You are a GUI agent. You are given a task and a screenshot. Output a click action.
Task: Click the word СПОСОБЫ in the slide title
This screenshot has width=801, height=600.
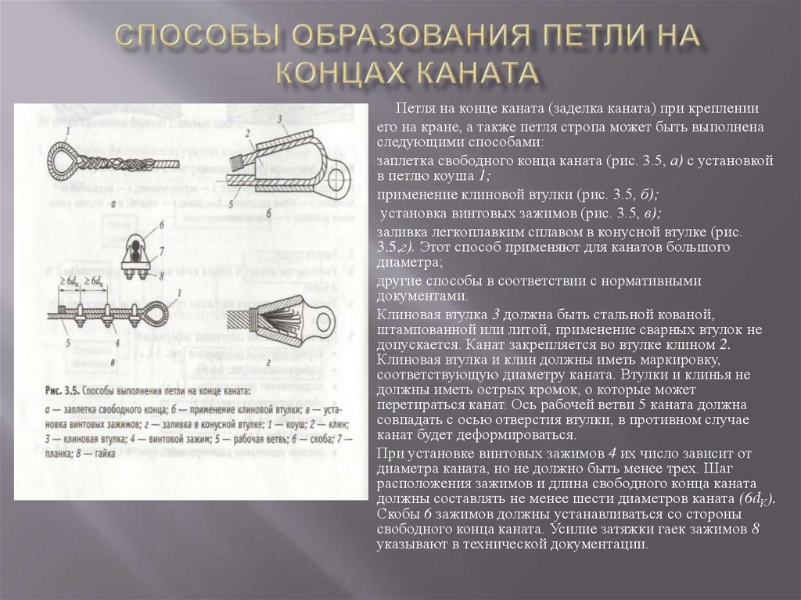coord(186,35)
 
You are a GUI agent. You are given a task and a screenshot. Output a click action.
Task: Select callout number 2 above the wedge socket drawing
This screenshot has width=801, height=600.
coord(247,133)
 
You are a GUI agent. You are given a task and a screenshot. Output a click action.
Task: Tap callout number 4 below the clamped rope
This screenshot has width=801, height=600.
coord(117,342)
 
